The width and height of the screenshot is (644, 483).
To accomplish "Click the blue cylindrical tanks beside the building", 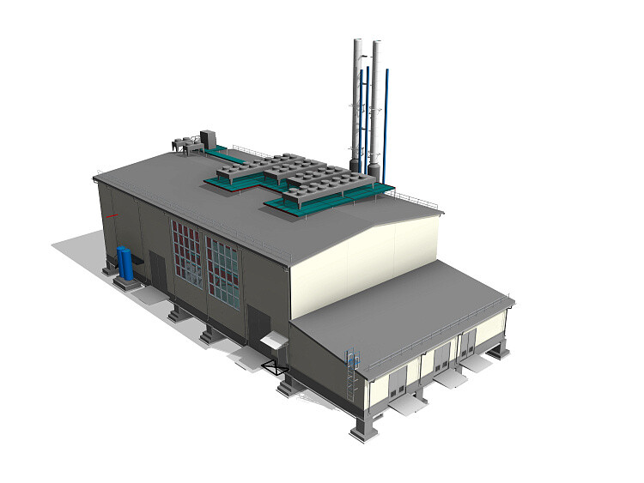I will tap(126, 263).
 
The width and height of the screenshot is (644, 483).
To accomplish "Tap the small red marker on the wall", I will tap(112, 214).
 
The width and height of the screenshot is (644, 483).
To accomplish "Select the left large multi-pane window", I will tap(187, 254).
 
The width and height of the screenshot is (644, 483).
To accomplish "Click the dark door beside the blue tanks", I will tap(158, 268).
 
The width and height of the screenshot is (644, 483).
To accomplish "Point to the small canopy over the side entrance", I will tap(272, 341).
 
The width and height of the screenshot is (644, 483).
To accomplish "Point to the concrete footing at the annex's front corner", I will tap(362, 427).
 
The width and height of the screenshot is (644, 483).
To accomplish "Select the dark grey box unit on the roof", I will tap(209, 138).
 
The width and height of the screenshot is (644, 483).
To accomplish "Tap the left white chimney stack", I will tap(356, 103).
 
